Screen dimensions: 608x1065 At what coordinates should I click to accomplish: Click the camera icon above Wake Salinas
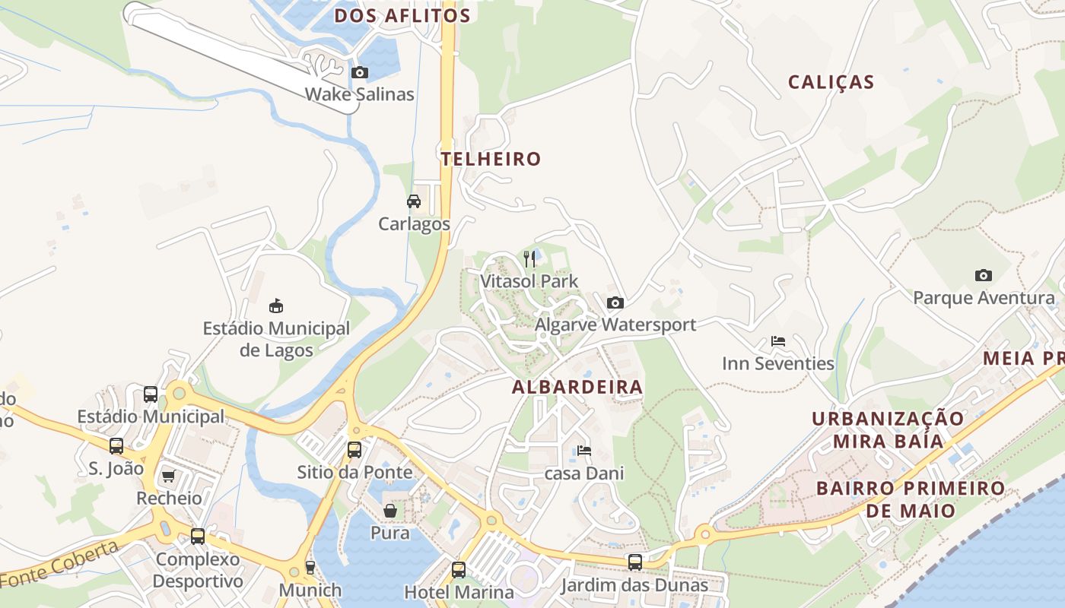pos(360,73)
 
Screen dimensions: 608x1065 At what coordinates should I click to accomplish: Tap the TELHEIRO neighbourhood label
pos(491,159)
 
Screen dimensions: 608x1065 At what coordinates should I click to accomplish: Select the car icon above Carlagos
pos(414,201)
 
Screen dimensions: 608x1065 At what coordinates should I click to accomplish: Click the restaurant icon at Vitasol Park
pos(529,259)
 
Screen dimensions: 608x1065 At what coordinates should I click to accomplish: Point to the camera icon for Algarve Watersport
pos(615,303)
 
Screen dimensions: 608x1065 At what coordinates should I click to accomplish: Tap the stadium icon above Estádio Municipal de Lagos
pos(276,306)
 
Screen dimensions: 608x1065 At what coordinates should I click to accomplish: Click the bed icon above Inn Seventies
pos(777,341)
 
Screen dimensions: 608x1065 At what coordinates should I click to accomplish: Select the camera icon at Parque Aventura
pos(983,276)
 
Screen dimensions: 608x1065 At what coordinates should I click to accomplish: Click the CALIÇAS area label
pos(831,82)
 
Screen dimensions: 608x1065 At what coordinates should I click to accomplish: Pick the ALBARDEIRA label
pos(577,387)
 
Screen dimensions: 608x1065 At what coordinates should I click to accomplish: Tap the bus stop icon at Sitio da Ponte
pos(354,449)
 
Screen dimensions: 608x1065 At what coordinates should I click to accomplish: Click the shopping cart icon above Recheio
pos(168,477)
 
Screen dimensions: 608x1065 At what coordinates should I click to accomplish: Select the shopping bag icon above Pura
pos(390,511)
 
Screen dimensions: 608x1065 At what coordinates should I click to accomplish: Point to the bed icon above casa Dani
pos(583,451)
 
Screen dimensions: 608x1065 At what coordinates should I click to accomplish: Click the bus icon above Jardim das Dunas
pos(634,562)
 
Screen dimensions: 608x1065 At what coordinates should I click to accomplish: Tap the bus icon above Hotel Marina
pos(458,569)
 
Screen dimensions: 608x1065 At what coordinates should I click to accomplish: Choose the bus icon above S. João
pos(116,446)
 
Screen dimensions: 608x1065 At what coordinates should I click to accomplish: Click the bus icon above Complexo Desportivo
pos(198,537)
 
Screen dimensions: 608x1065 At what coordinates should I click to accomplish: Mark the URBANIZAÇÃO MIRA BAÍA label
pos(888,429)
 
